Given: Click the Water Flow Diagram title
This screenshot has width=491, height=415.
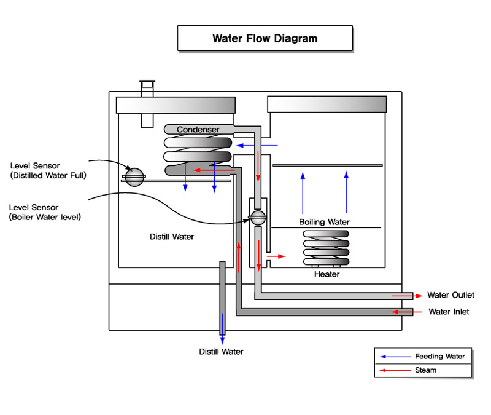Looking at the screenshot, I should pyautogui.click(x=265, y=38).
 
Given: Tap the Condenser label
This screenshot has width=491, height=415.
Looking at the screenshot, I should pyautogui.click(x=198, y=130).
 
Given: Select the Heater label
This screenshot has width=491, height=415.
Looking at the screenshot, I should pyautogui.click(x=327, y=274).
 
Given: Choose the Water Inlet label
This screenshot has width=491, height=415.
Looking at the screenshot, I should pyautogui.click(x=449, y=312).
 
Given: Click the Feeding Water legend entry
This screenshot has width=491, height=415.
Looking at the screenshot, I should pyautogui.click(x=439, y=356).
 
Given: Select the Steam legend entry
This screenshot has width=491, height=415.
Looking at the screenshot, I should pyautogui.click(x=425, y=370).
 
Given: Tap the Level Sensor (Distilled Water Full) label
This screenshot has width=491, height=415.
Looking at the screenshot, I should pyautogui.click(x=48, y=171).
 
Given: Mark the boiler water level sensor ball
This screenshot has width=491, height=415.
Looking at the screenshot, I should pyautogui.click(x=257, y=217).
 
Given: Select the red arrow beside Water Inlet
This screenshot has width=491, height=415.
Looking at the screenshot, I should pyautogui.click(x=408, y=312).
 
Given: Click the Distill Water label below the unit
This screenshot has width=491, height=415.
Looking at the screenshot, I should pyautogui.click(x=221, y=352).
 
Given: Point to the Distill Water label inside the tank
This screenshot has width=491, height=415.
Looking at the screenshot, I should pyautogui.click(x=172, y=237).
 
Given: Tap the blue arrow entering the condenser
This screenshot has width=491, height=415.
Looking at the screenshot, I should pyautogui.click(x=257, y=146).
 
